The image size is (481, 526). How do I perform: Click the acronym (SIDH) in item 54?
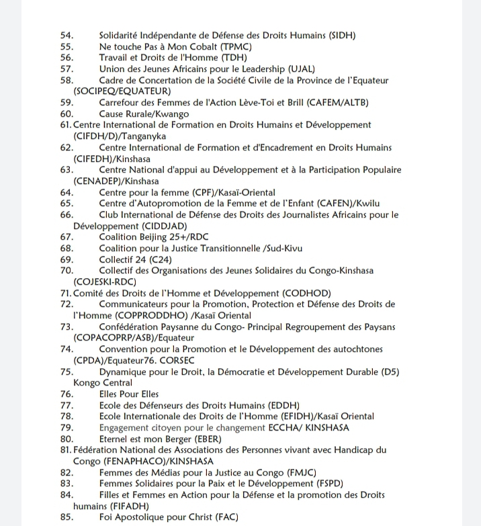[339, 35]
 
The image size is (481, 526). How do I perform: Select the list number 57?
[67, 69]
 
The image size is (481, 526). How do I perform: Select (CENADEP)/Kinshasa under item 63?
[116, 181]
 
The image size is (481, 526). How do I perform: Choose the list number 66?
[67, 214]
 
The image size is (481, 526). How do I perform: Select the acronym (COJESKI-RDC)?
[105, 281]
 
